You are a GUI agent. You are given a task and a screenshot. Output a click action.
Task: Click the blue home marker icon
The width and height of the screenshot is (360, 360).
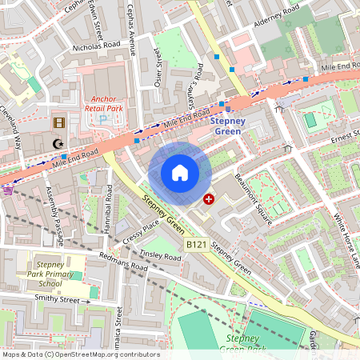click(180, 173)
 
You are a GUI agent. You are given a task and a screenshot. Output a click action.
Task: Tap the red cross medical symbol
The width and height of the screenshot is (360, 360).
click(210, 198)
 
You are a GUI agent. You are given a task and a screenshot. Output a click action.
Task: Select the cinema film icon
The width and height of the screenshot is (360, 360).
click(58, 122)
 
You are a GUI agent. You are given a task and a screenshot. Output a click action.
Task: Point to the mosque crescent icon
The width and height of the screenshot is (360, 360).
click(57, 144)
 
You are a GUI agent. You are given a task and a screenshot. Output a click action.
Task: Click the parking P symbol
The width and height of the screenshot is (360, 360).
click(102, 118)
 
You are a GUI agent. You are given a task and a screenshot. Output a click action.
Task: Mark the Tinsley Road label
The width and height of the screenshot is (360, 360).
click(161, 257)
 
